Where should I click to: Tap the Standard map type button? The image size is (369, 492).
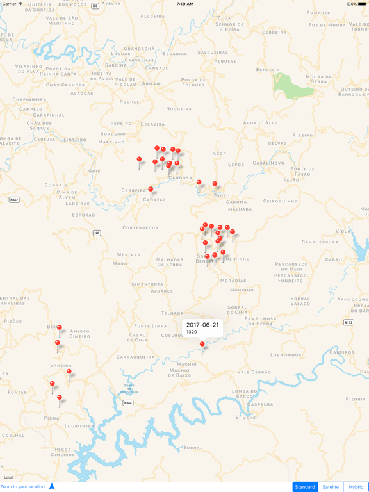(305, 487)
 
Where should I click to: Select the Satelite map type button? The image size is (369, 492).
(331, 487)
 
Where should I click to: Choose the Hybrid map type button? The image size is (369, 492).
(356, 487)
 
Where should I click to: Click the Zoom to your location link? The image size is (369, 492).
(23, 487)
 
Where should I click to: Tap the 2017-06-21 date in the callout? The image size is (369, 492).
(202, 325)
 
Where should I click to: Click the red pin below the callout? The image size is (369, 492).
(202, 345)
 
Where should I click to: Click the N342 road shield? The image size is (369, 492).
(13, 200)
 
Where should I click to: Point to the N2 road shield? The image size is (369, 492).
(97, 233)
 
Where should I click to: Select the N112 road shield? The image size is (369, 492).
(348, 322)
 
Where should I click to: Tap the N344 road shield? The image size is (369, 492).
(128, 403)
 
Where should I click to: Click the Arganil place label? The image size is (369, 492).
(154, 83)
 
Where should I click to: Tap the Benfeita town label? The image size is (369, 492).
(268, 69)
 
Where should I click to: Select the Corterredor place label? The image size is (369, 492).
(140, 228)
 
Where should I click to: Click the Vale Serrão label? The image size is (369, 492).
(254, 372)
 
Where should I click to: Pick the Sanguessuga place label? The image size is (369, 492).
(320, 242)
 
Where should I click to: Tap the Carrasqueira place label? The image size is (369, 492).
(136, 357)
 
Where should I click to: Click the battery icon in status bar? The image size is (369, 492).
(362, 4)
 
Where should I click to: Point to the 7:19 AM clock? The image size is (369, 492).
(184, 4)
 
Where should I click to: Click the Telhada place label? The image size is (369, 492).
(172, 313)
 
